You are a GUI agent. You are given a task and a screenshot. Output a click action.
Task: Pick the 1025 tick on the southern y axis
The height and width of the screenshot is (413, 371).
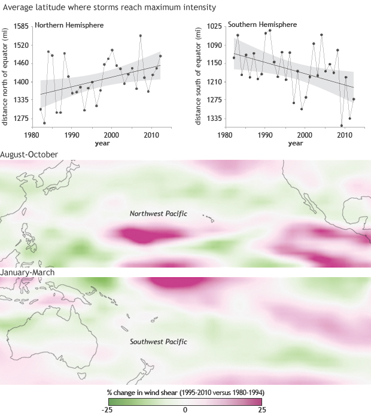click(214, 27)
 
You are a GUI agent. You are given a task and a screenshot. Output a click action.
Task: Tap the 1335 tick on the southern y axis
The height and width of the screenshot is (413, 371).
click(214, 118)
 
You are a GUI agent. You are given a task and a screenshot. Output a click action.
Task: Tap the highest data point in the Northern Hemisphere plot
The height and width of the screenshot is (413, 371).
click(140, 36)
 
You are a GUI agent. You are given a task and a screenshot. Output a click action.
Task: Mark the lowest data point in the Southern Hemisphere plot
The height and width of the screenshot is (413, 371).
click(342, 125)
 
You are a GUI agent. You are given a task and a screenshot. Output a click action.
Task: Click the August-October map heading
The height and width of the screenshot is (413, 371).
click(29, 154)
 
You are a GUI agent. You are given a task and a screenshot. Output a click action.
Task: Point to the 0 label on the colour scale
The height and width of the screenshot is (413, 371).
click(185, 409)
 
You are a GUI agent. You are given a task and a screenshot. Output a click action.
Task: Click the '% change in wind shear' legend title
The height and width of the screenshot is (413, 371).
click(185, 391)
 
